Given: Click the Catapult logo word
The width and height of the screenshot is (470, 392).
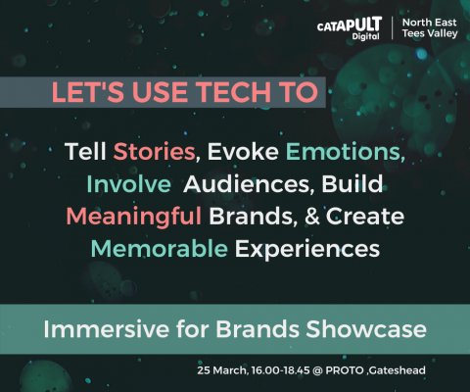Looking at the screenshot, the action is click(350, 24).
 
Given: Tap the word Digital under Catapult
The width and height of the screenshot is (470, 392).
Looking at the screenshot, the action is click(365, 36).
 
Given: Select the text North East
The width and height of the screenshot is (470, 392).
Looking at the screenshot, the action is click(430, 23).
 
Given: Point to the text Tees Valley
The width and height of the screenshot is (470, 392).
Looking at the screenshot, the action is click(430, 33).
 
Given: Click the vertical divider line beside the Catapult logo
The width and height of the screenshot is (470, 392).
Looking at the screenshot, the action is click(392, 28).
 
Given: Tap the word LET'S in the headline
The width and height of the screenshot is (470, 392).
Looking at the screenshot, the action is click(87, 92).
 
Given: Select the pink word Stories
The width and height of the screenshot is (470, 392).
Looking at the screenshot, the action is click(154, 152).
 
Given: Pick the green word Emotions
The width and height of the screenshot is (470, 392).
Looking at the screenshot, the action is click(346, 152).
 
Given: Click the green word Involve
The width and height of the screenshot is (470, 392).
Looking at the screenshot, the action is click(128, 184).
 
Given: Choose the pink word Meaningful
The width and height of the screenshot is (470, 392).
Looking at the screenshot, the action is click(134, 217).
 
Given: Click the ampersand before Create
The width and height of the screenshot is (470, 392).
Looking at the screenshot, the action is click(312, 217).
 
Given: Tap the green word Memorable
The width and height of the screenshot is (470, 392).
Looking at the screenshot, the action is click(160, 249).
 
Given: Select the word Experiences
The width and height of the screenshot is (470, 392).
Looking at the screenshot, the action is click(307, 249).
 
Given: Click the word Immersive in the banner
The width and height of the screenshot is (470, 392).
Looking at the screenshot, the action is click(107, 328).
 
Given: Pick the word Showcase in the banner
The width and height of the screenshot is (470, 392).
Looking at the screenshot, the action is click(366, 328).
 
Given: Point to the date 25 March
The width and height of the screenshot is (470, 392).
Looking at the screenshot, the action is click(222, 370).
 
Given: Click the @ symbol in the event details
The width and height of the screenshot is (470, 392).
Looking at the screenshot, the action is click(317, 370).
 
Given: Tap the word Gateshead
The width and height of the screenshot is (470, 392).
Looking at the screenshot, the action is click(398, 370).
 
